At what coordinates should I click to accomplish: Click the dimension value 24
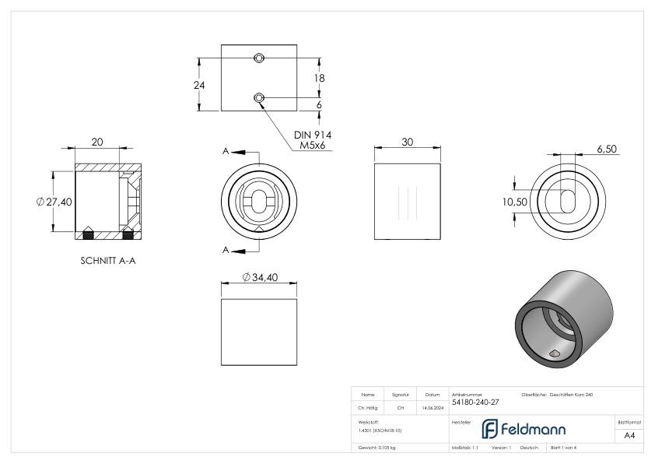click(x=198, y=84)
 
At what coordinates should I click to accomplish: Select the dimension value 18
click(x=319, y=78)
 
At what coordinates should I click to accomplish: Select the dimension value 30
click(x=408, y=142)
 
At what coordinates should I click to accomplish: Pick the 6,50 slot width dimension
click(x=608, y=148)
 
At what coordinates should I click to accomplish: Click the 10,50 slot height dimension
click(x=514, y=202)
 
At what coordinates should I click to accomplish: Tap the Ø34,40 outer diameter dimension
click(x=260, y=278)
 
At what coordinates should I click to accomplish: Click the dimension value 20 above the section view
click(x=97, y=142)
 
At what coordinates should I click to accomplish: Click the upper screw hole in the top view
click(x=259, y=58)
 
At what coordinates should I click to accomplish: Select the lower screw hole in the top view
click(x=259, y=97)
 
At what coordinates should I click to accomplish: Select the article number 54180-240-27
click(x=475, y=402)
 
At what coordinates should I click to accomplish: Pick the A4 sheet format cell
click(x=630, y=436)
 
